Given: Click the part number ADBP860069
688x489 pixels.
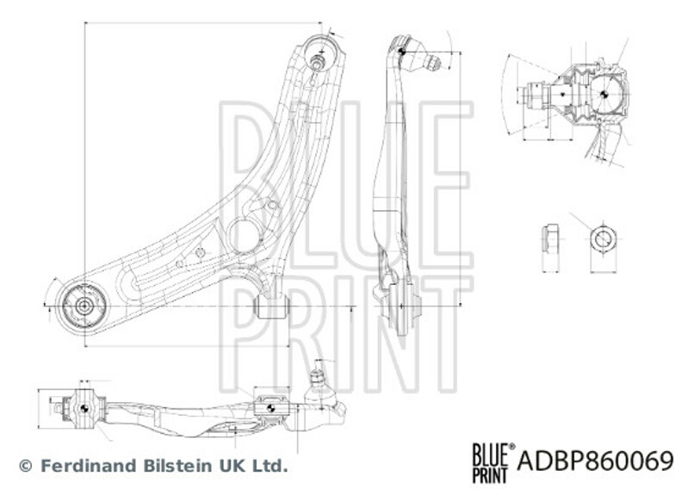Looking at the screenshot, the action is tap(595, 461).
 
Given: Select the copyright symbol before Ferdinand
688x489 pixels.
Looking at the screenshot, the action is tap(27, 466).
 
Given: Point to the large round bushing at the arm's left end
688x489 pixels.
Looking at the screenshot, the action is tap(84, 306).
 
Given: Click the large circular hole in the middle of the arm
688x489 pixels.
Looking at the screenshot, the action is tap(244, 236).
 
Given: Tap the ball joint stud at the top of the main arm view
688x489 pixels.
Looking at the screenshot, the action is tap(317, 62).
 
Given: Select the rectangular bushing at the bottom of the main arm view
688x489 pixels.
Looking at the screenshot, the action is tap(272, 306).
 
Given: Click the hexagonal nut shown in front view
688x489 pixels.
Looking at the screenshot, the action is tap(604, 239).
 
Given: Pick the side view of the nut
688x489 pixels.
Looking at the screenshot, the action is tap(550, 239).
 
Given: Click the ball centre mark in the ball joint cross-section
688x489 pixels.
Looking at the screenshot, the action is tap(604, 94).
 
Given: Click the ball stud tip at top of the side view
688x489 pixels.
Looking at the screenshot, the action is tap(433, 64).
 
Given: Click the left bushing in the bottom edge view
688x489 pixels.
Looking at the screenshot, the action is tap(84, 408).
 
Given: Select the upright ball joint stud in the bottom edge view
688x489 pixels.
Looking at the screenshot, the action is tap(317, 381).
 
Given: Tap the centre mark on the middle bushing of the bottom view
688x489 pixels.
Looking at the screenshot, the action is tap(270, 409).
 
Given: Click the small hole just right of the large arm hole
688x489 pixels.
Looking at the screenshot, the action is tap(272, 205).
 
